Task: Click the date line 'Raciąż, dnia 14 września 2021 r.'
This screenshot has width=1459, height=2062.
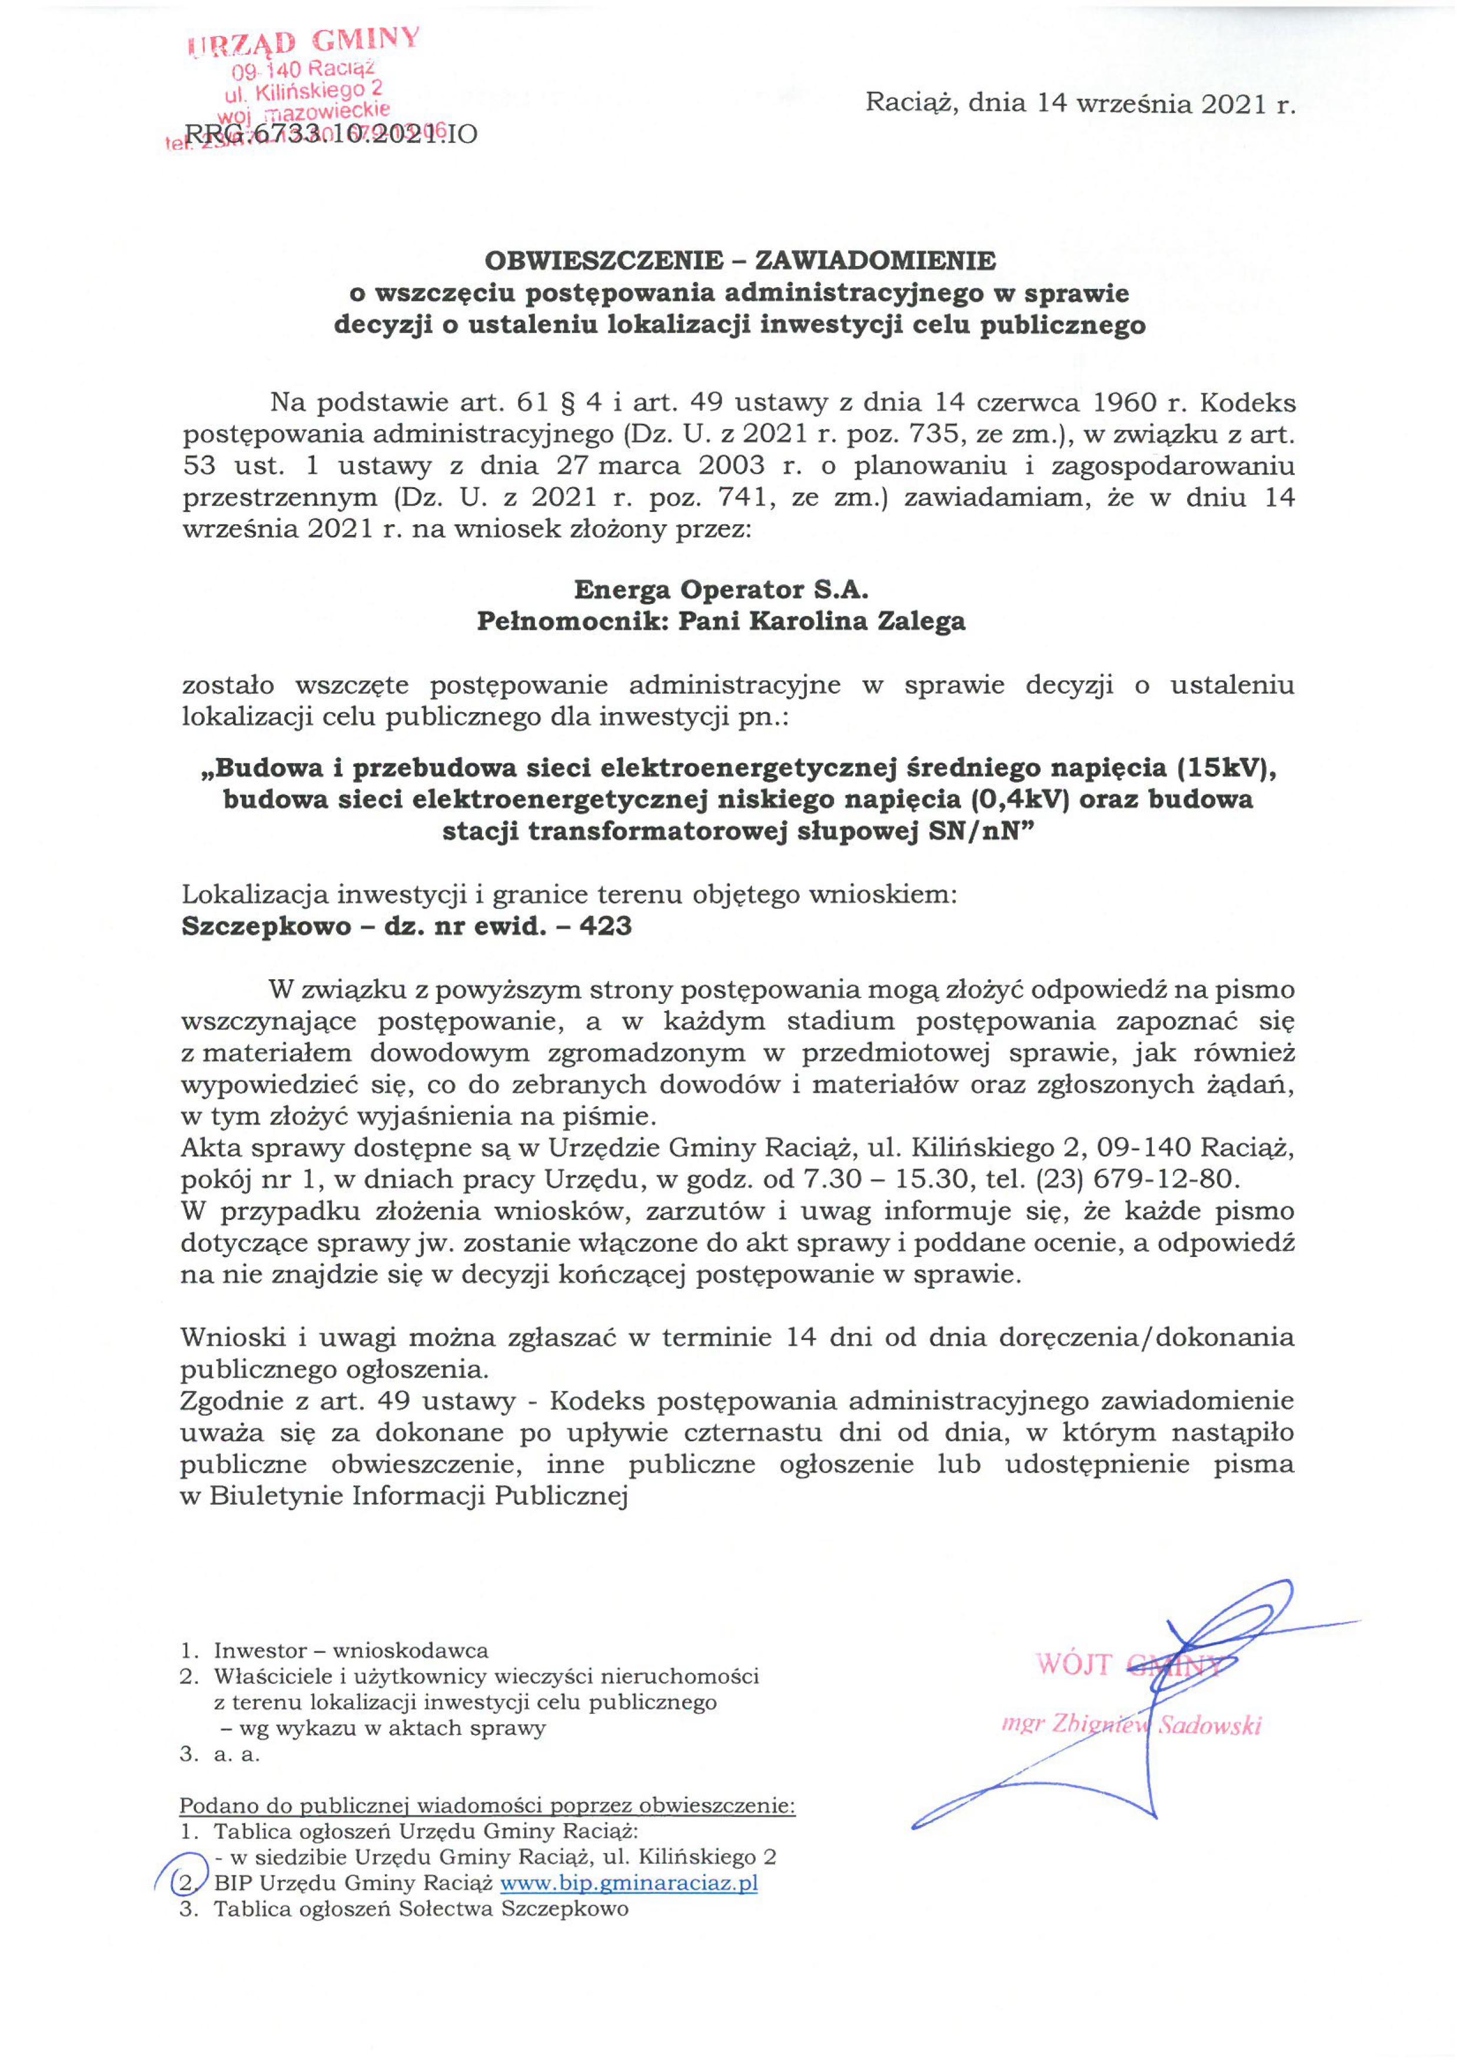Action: coord(1080,104)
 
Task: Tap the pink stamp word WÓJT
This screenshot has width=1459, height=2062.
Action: coord(1073,1664)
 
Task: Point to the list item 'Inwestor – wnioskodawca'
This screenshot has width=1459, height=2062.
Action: coord(350,1650)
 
